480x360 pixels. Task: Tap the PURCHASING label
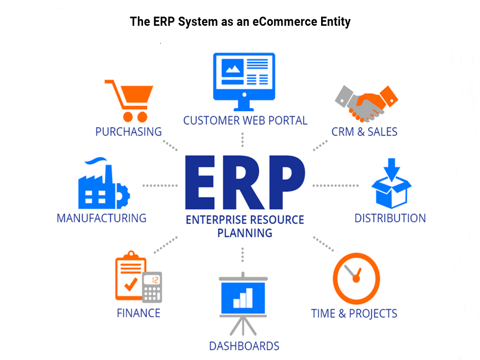click(x=128, y=132)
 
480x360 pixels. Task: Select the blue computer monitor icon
click(x=244, y=82)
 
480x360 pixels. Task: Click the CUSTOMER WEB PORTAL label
click(x=245, y=120)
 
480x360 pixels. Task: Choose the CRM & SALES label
click(x=364, y=132)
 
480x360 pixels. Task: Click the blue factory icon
click(x=104, y=183)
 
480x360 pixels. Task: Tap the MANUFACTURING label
click(x=102, y=218)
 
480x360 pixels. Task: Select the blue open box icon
click(x=391, y=183)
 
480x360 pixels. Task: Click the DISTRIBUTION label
click(x=390, y=218)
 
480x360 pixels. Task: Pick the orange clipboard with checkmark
click(x=130, y=276)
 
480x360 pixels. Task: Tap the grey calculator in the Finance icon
click(x=152, y=287)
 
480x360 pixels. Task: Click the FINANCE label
click(x=138, y=313)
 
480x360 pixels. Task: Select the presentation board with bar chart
click(x=243, y=304)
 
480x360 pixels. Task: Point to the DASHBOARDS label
click(x=244, y=346)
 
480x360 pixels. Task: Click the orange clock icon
click(x=356, y=278)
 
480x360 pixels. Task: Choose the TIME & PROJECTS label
click(x=354, y=314)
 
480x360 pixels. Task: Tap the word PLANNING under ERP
click(x=245, y=233)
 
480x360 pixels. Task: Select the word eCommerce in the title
click(x=285, y=22)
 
